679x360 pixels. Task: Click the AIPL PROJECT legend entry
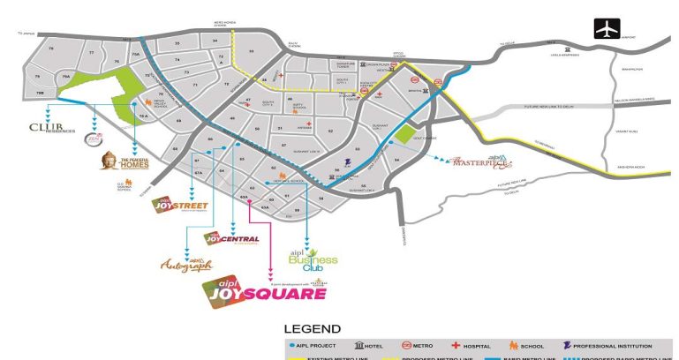[x=318, y=347]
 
